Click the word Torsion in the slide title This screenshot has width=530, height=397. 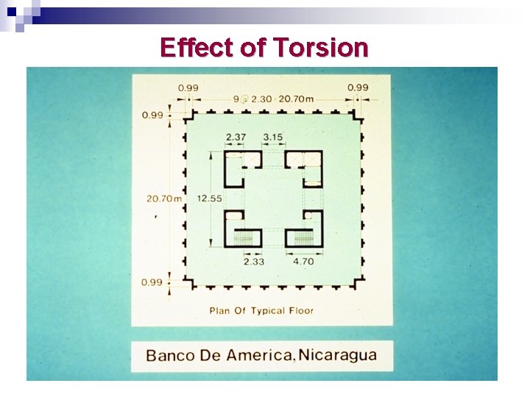(x=320, y=48)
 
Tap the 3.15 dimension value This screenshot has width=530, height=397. (x=272, y=137)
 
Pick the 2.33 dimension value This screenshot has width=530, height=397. (x=255, y=261)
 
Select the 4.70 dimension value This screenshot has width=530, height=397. (x=304, y=261)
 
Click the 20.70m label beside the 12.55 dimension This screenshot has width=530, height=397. (x=163, y=198)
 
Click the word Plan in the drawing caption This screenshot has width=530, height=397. (x=220, y=310)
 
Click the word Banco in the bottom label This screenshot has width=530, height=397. (x=170, y=356)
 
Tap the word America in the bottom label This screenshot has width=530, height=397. (x=259, y=356)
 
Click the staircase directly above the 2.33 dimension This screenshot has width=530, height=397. (x=243, y=237)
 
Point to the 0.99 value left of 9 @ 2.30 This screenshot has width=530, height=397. (x=188, y=88)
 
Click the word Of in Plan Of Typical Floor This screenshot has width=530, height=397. (x=239, y=310)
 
